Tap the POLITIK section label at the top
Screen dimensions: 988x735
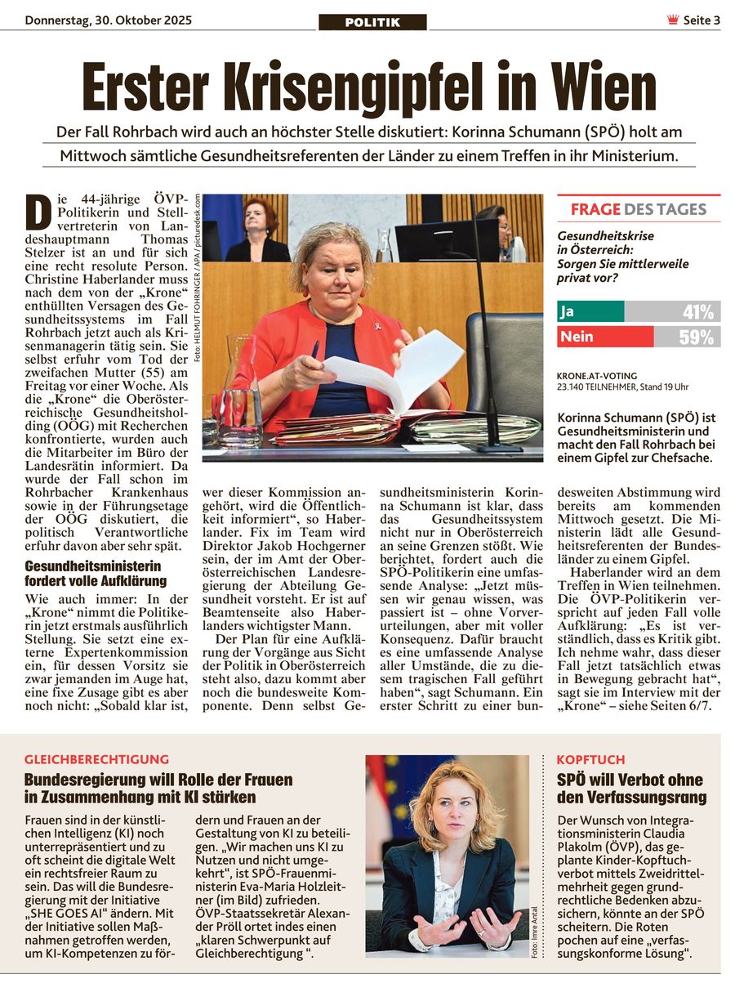pyautogui.click(x=372, y=22)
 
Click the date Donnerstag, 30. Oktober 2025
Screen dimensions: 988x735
pyautogui.click(x=109, y=20)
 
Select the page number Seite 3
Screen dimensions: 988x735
pyautogui.click(x=702, y=21)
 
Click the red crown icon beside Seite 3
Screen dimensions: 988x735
pyautogui.click(x=673, y=20)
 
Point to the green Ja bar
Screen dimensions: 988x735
pyautogui.click(x=590, y=311)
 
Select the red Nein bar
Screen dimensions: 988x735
pyautogui.click(x=605, y=337)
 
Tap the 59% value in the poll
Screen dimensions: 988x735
pyautogui.click(x=696, y=337)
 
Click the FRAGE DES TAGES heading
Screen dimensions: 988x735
pyautogui.click(x=638, y=209)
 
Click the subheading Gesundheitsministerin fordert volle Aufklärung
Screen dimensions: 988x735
pyautogui.click(x=96, y=573)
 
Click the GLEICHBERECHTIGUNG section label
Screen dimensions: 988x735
pyautogui.click(x=96, y=759)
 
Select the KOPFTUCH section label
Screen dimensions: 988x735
pyautogui.click(x=590, y=759)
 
